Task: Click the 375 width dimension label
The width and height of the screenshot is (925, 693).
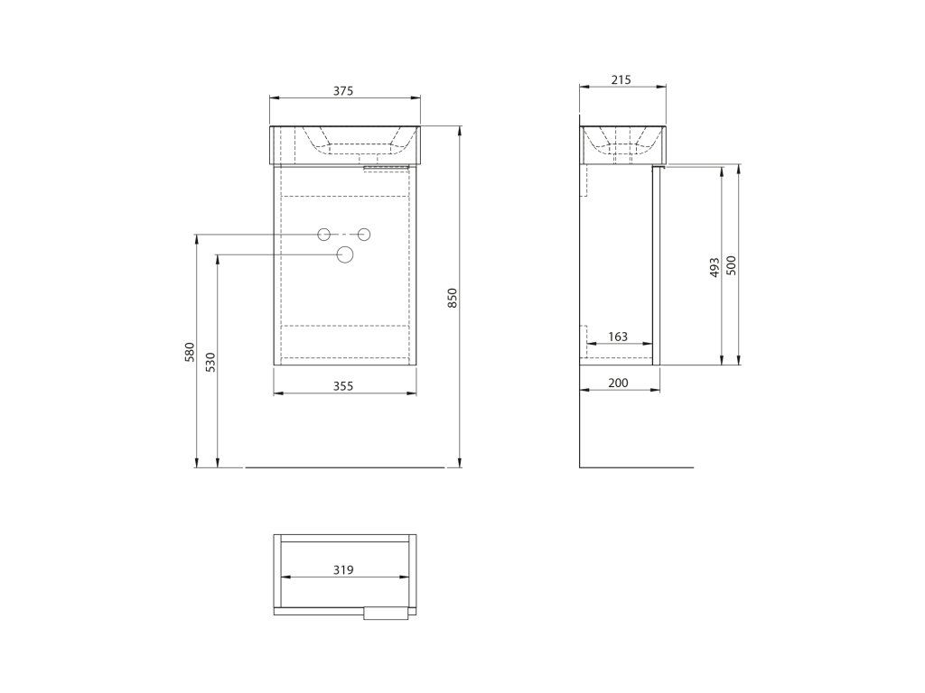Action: pos(342,91)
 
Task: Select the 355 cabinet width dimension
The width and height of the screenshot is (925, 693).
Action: pos(342,386)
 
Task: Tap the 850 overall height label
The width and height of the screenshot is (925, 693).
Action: pos(453,298)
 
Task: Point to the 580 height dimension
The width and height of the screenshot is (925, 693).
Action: pos(190,352)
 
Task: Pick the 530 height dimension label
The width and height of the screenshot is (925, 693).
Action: pos(211,362)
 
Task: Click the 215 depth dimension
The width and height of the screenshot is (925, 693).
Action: pos(621,79)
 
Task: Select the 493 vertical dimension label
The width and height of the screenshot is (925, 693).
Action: pos(715,267)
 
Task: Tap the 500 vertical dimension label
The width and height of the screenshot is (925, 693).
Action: pos(732,266)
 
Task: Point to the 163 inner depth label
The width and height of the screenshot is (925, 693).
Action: pos(618,337)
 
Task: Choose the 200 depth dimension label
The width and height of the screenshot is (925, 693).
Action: pos(618,383)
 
